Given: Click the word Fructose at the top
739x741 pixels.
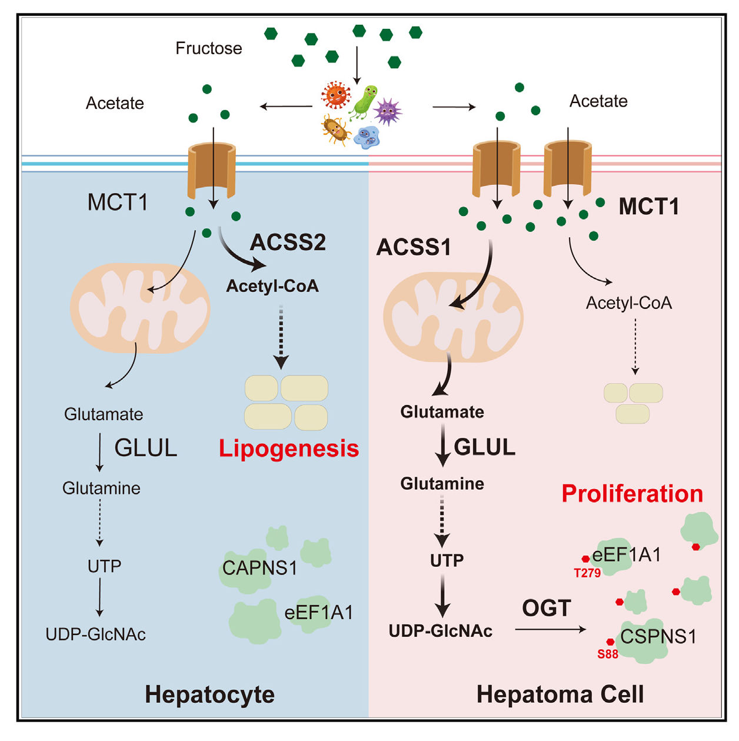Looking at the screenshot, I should click(x=208, y=48).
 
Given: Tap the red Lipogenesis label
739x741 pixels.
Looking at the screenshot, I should click(x=288, y=448).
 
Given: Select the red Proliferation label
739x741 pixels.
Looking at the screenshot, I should click(x=632, y=494).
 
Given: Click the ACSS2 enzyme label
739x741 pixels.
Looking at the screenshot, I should click(x=288, y=242).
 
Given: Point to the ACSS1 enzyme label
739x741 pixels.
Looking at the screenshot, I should click(x=414, y=247).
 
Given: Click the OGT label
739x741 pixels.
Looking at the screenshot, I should click(x=547, y=608).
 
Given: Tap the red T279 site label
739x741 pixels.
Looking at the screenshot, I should click(x=587, y=573).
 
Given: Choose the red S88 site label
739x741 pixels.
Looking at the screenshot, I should click(x=608, y=654).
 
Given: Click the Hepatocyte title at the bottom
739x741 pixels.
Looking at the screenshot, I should click(x=209, y=695).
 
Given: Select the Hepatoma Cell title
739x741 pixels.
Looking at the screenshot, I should click(x=560, y=695).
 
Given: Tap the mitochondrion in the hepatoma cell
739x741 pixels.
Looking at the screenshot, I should click(x=453, y=317).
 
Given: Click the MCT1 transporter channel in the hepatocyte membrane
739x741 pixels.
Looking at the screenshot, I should click(x=212, y=171).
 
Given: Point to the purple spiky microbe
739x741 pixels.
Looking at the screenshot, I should click(x=388, y=111).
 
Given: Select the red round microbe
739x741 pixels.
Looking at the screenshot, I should click(x=336, y=95).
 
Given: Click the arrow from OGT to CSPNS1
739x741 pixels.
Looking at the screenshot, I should click(x=551, y=630).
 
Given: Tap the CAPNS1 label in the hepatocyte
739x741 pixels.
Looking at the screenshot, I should click(x=259, y=568).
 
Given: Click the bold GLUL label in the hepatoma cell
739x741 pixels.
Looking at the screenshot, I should click(x=485, y=447).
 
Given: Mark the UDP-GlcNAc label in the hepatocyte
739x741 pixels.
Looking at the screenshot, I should click(x=96, y=634).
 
